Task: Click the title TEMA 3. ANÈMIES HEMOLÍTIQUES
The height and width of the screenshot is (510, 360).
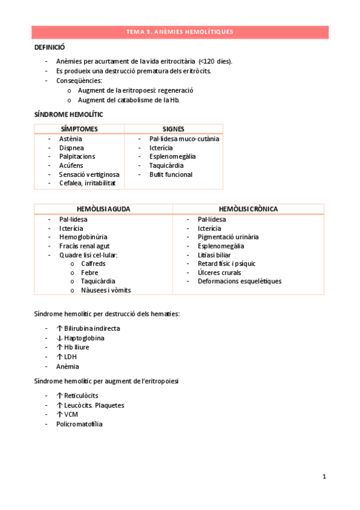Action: tap(180, 32)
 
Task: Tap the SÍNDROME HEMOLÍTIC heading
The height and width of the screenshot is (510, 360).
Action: tap(69, 114)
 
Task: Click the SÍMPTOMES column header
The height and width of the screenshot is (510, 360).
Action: tap(79, 129)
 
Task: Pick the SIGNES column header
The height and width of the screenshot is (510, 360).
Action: tap(174, 129)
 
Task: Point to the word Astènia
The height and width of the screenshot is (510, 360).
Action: tap(71, 138)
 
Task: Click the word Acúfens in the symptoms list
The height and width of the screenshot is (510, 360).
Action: tap(72, 165)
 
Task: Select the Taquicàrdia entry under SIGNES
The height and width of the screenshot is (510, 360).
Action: tap(166, 165)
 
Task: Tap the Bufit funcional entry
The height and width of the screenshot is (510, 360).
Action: tap(171, 174)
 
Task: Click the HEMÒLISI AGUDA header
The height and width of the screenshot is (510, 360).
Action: tap(103, 209)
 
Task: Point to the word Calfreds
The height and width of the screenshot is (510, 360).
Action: tap(93, 263)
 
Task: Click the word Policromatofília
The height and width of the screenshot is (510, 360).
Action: tap(79, 424)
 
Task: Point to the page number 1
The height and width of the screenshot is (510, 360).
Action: tap(324, 477)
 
